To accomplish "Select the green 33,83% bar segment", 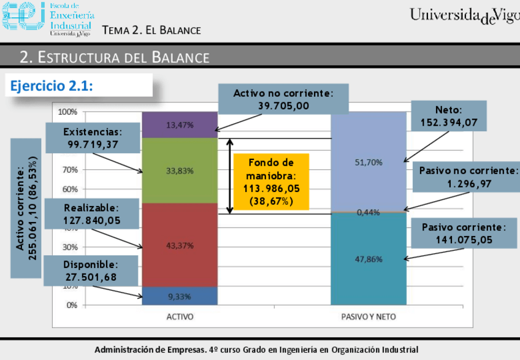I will point(180,170).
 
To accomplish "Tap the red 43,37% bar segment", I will point(180,245).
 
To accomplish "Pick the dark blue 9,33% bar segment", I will point(180,296).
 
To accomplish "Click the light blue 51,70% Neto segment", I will point(369,162).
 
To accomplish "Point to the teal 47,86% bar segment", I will point(369,259).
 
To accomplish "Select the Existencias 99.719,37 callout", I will point(93,139).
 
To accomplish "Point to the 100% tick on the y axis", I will point(67,112).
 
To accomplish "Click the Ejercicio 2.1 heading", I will point(52,86).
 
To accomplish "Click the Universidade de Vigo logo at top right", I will point(464,15).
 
